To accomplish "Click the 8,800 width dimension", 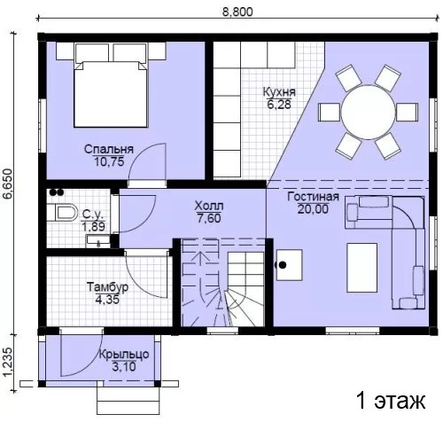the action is (x=237, y=12).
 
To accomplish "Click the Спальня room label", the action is (x=109, y=149).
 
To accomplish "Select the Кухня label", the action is (x=279, y=92).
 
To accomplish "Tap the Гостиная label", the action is (x=313, y=197).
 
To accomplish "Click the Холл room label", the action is (x=209, y=206).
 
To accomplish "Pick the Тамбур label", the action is (x=107, y=287).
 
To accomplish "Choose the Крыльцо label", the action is (x=124, y=354).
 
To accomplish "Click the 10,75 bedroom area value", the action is (x=109, y=161).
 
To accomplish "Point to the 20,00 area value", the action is (x=313, y=209).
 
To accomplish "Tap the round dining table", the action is (x=368, y=113).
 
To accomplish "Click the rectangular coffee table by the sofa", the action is (x=362, y=268).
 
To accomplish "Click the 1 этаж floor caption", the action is (x=391, y=401).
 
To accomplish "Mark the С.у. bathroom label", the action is (x=93, y=214).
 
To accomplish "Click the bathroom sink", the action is (x=98, y=241).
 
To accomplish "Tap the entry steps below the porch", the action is (x=128, y=400).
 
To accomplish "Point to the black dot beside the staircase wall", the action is (x=283, y=265).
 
